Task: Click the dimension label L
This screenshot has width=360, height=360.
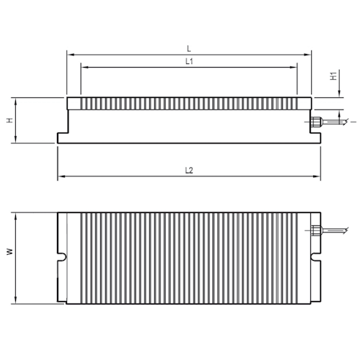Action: tap(189, 48)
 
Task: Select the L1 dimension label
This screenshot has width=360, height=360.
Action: tap(189, 62)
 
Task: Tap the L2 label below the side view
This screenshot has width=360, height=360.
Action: tap(189, 171)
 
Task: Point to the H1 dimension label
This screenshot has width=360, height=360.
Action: tap(333, 76)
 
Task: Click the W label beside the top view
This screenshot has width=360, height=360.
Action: tap(9, 252)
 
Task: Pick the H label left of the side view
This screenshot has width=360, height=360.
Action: tap(9, 120)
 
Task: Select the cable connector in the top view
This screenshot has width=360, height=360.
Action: tap(316, 231)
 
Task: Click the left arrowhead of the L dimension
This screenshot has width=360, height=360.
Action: tap(68, 53)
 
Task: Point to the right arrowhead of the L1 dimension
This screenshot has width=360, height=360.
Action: tap(294, 67)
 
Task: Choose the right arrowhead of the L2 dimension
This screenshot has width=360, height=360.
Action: tap(318, 176)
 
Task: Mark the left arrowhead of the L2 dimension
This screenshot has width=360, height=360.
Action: tap(60, 176)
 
